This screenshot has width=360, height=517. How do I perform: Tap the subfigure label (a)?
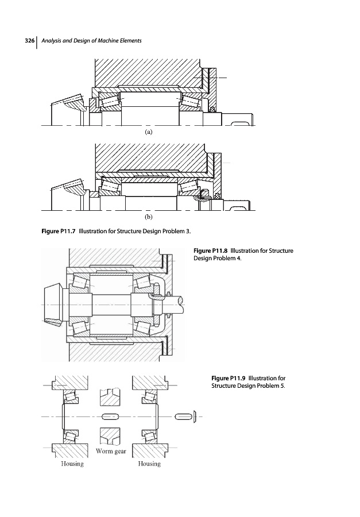point(148,131)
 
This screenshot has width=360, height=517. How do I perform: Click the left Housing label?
point(72,464)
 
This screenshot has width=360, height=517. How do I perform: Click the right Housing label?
point(149,464)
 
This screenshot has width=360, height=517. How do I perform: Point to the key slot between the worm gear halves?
point(110,416)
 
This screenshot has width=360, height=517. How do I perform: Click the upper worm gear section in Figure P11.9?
point(110,397)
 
